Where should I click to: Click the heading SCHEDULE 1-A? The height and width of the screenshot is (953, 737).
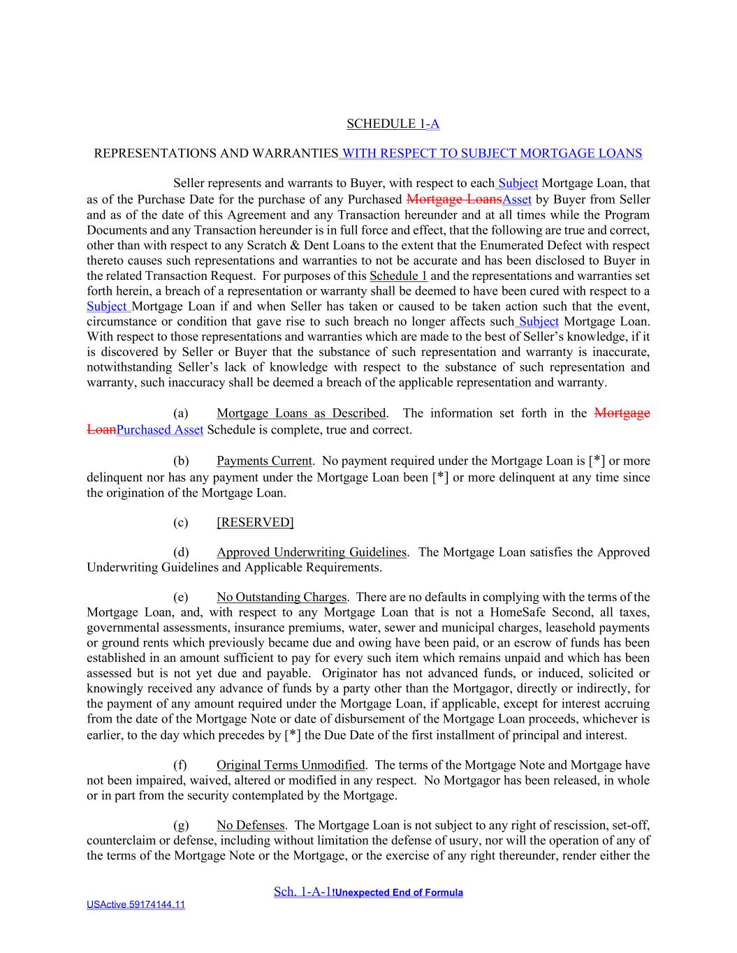pos(393,124)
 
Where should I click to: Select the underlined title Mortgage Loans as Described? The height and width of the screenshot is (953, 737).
pos(301,413)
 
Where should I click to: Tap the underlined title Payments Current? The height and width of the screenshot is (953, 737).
pos(264,461)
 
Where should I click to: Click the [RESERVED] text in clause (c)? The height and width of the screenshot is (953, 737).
pos(255,522)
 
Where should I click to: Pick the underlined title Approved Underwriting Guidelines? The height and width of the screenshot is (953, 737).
pos(311,552)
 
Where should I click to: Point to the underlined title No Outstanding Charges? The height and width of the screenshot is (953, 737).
pos(282,597)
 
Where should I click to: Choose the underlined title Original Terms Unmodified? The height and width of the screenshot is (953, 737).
pos(291,765)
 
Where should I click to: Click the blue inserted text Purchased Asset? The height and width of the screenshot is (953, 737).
pos(160,430)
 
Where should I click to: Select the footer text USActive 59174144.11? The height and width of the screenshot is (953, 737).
pos(136,905)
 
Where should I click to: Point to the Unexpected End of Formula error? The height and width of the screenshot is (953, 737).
pos(398,892)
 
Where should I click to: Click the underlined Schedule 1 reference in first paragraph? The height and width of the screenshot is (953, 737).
pos(398,276)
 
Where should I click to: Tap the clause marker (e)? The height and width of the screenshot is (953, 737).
pos(181,597)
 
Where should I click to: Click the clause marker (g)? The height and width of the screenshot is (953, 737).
pos(181,825)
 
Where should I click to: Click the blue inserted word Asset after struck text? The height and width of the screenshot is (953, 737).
pos(517,200)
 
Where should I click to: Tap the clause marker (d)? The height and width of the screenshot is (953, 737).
pos(181,552)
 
